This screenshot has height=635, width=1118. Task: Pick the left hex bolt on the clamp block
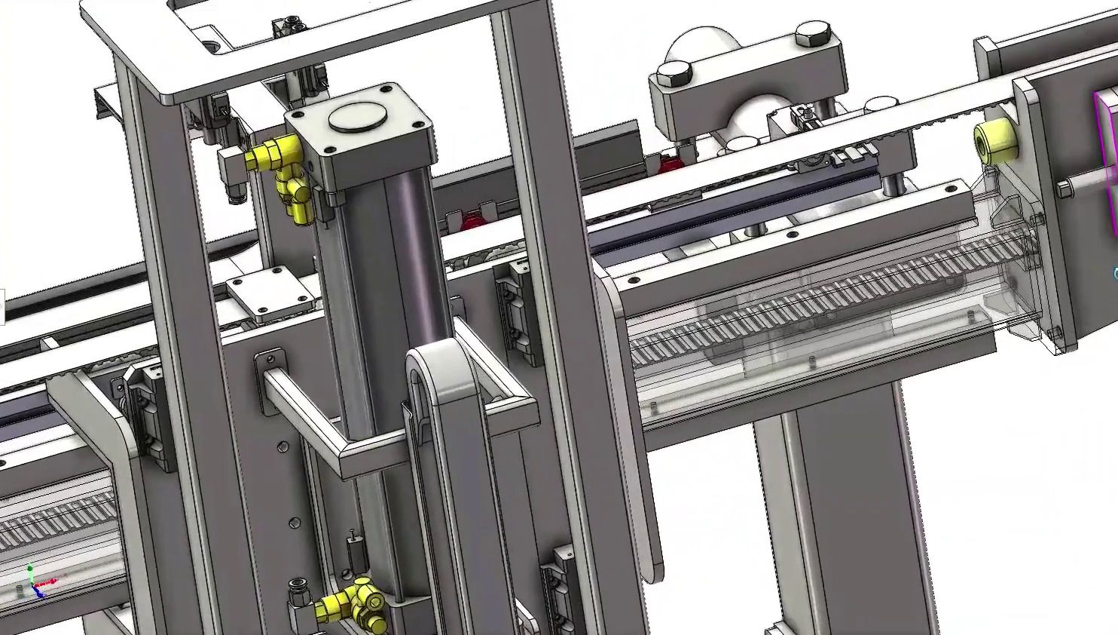[x=674, y=74]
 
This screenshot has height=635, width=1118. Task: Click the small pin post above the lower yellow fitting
[x=352, y=551]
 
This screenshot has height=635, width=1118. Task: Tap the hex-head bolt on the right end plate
[x=1063, y=189]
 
